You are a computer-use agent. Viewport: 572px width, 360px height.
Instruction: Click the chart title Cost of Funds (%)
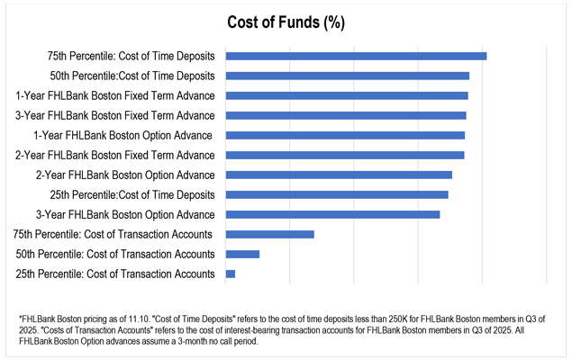tap(286, 21)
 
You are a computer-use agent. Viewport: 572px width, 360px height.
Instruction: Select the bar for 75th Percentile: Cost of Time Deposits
tap(356, 56)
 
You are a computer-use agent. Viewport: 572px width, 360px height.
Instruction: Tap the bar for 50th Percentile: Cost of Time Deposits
tap(347, 76)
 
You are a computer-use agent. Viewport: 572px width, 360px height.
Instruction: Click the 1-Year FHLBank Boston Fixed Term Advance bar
tap(347, 95)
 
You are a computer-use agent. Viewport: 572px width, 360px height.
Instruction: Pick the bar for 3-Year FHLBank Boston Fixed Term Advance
tap(346, 115)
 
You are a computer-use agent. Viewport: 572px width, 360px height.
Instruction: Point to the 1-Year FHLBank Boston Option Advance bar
tap(345, 135)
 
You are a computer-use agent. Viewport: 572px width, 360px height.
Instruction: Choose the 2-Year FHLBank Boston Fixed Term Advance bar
tap(345, 155)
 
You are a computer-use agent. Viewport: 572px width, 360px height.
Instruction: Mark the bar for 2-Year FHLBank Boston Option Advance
tap(339, 175)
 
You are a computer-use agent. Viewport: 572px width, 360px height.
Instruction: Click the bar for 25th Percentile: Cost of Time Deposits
tap(337, 194)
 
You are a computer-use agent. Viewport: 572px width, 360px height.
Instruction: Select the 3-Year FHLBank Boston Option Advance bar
tap(332, 214)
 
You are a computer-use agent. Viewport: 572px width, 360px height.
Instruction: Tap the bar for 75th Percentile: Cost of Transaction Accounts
tap(269, 234)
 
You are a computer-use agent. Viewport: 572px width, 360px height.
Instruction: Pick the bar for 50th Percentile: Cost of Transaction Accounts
tap(242, 254)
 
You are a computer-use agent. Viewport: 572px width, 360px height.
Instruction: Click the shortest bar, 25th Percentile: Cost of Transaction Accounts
tap(231, 274)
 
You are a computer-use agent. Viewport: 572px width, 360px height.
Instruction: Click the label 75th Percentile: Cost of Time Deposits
tap(132, 56)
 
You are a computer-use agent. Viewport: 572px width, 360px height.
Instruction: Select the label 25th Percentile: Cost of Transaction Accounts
tap(115, 274)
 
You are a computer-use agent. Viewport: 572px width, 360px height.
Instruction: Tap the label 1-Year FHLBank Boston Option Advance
tap(123, 135)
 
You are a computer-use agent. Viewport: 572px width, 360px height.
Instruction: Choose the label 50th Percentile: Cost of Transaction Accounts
tap(115, 254)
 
